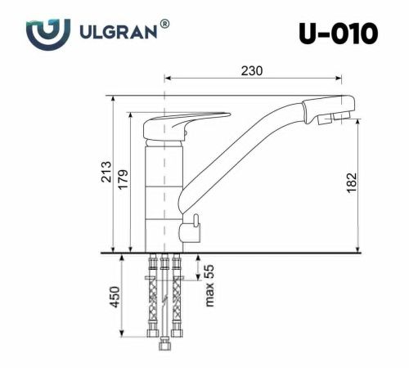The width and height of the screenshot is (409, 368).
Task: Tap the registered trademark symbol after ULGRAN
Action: tap(165, 25)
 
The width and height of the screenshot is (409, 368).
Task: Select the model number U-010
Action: tap(339, 34)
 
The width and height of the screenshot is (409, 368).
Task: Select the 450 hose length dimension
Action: tap(115, 295)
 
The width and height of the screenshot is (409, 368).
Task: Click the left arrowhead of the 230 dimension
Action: tap(169, 80)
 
